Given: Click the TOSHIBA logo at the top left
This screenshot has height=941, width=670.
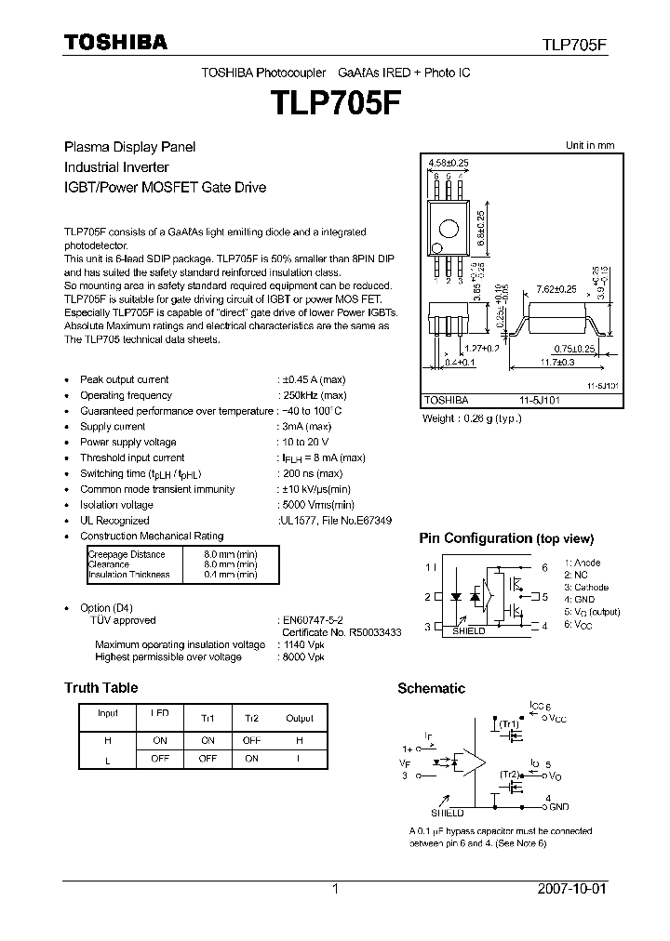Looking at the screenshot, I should [115, 42].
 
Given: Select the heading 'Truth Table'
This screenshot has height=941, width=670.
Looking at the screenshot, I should [100, 688].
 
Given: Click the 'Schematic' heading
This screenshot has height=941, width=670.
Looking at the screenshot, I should [431, 688].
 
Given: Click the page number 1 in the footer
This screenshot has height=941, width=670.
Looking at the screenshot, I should [335, 889].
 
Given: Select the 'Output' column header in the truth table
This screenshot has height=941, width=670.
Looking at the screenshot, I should [300, 718].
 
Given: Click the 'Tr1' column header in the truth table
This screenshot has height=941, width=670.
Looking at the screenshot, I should [208, 719].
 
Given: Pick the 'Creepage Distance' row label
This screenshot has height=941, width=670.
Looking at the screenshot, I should [127, 554].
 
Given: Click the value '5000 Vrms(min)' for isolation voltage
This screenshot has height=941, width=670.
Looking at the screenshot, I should [315, 505].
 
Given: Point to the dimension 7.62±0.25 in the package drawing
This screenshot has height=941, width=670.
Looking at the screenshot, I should [557, 289].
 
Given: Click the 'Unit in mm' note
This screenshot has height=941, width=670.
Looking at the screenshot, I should [590, 145].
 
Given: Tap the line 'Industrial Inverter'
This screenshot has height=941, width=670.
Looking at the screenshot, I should [116, 167].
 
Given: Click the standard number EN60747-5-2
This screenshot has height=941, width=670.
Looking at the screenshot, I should [312, 619].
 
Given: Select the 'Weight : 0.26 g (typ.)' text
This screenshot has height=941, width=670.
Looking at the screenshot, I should [473, 418].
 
